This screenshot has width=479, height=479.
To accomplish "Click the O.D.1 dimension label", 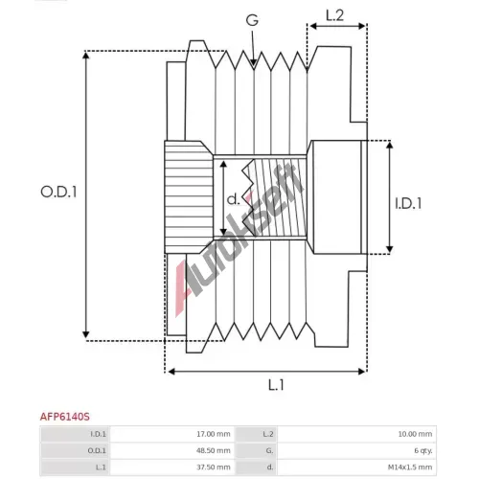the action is (58, 192).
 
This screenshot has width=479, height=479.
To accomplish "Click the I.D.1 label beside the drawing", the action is (408, 203).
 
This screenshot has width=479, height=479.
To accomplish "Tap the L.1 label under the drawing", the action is (276, 385).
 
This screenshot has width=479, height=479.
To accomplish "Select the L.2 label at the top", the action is (334, 15).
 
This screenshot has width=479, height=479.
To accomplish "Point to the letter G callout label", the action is (252, 20).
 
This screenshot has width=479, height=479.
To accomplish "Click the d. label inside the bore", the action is (233, 199).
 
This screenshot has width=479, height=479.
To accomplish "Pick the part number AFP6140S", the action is (65, 417).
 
